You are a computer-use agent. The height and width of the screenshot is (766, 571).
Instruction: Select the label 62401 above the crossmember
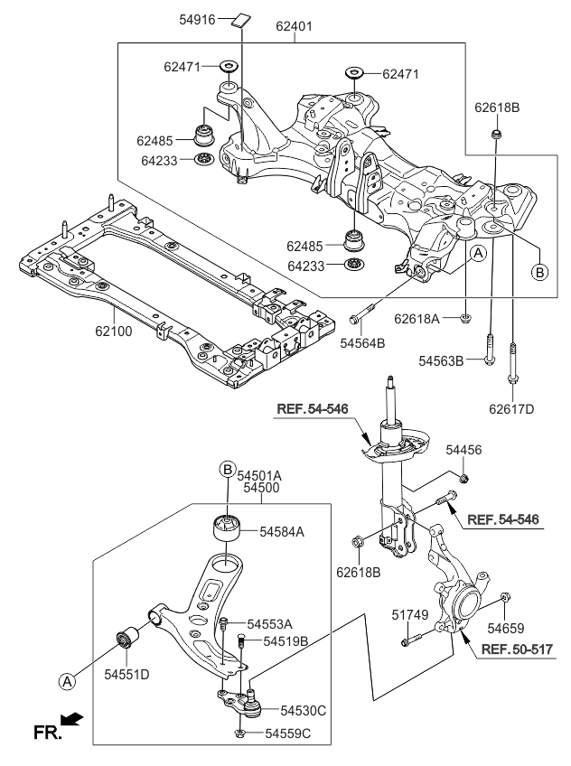point(294,27)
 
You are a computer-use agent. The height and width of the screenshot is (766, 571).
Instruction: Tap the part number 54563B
point(441,360)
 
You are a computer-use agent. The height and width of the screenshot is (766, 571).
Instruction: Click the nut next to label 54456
point(462,476)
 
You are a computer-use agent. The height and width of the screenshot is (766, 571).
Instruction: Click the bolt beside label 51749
point(409,641)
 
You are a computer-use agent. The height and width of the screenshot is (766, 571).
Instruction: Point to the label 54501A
point(261,473)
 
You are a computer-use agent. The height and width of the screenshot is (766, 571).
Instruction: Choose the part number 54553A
point(270,624)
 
